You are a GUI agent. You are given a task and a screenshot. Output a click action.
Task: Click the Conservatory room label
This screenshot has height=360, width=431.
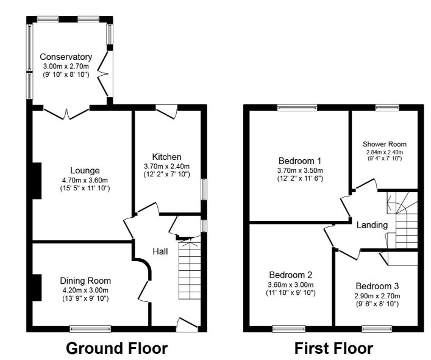pos(66,57)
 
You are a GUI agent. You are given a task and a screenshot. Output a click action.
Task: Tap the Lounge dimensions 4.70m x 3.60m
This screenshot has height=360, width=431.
pos(85,181)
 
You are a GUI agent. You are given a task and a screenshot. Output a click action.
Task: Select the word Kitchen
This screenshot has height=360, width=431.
pos(167,157)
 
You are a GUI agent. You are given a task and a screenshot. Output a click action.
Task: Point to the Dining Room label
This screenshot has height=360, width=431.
pos(85,281)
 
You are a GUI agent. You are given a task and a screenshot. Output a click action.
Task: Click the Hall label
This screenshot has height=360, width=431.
pos(160,251)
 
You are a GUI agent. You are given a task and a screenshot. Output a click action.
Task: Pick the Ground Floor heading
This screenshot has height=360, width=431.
pos(117,348)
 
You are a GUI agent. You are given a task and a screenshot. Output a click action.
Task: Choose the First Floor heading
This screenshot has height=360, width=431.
pos(333,348)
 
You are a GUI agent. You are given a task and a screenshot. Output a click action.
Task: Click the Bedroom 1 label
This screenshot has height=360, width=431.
pos(300,161)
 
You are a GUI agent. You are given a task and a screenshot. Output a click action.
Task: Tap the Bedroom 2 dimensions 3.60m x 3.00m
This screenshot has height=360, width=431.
pos(291,285)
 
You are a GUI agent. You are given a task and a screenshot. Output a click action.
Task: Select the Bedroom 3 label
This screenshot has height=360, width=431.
pos(377,286)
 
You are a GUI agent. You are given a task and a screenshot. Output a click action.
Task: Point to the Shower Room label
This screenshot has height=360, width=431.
pos(385,144)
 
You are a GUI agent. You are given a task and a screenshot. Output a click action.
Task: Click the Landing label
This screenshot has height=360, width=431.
pos(372,225)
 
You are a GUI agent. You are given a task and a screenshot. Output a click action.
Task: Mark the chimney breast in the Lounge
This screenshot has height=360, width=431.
pos(37,181)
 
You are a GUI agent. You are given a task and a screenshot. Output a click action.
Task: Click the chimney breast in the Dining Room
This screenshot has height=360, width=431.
pos(37,287)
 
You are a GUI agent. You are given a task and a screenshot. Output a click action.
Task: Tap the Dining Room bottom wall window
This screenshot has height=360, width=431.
pos(90,329)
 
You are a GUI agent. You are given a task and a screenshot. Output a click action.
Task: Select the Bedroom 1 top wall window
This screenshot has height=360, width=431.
pos(297,107)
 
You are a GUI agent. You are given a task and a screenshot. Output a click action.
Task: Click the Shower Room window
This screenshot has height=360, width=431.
pos(387,107)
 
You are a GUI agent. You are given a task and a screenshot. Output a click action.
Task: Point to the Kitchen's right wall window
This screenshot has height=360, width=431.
pos(204,190)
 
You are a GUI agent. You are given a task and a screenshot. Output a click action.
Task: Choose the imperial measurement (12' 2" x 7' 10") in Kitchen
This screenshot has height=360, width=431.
pos(167,175)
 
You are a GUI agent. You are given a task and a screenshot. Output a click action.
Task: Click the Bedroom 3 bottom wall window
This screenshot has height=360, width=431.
pos(377,329)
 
